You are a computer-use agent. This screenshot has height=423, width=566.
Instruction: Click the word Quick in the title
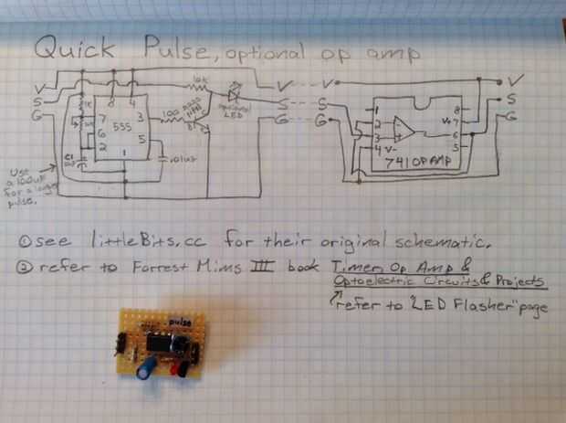[73, 48]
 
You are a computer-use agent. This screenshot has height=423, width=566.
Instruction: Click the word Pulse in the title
[172, 48]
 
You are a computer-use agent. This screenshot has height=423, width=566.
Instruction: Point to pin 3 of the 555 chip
[139, 116]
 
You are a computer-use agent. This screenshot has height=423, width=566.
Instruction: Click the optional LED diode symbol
[233, 92]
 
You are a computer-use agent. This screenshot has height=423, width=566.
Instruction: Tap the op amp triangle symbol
[403, 129]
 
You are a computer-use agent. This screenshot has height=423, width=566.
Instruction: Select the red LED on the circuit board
[183, 366]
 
